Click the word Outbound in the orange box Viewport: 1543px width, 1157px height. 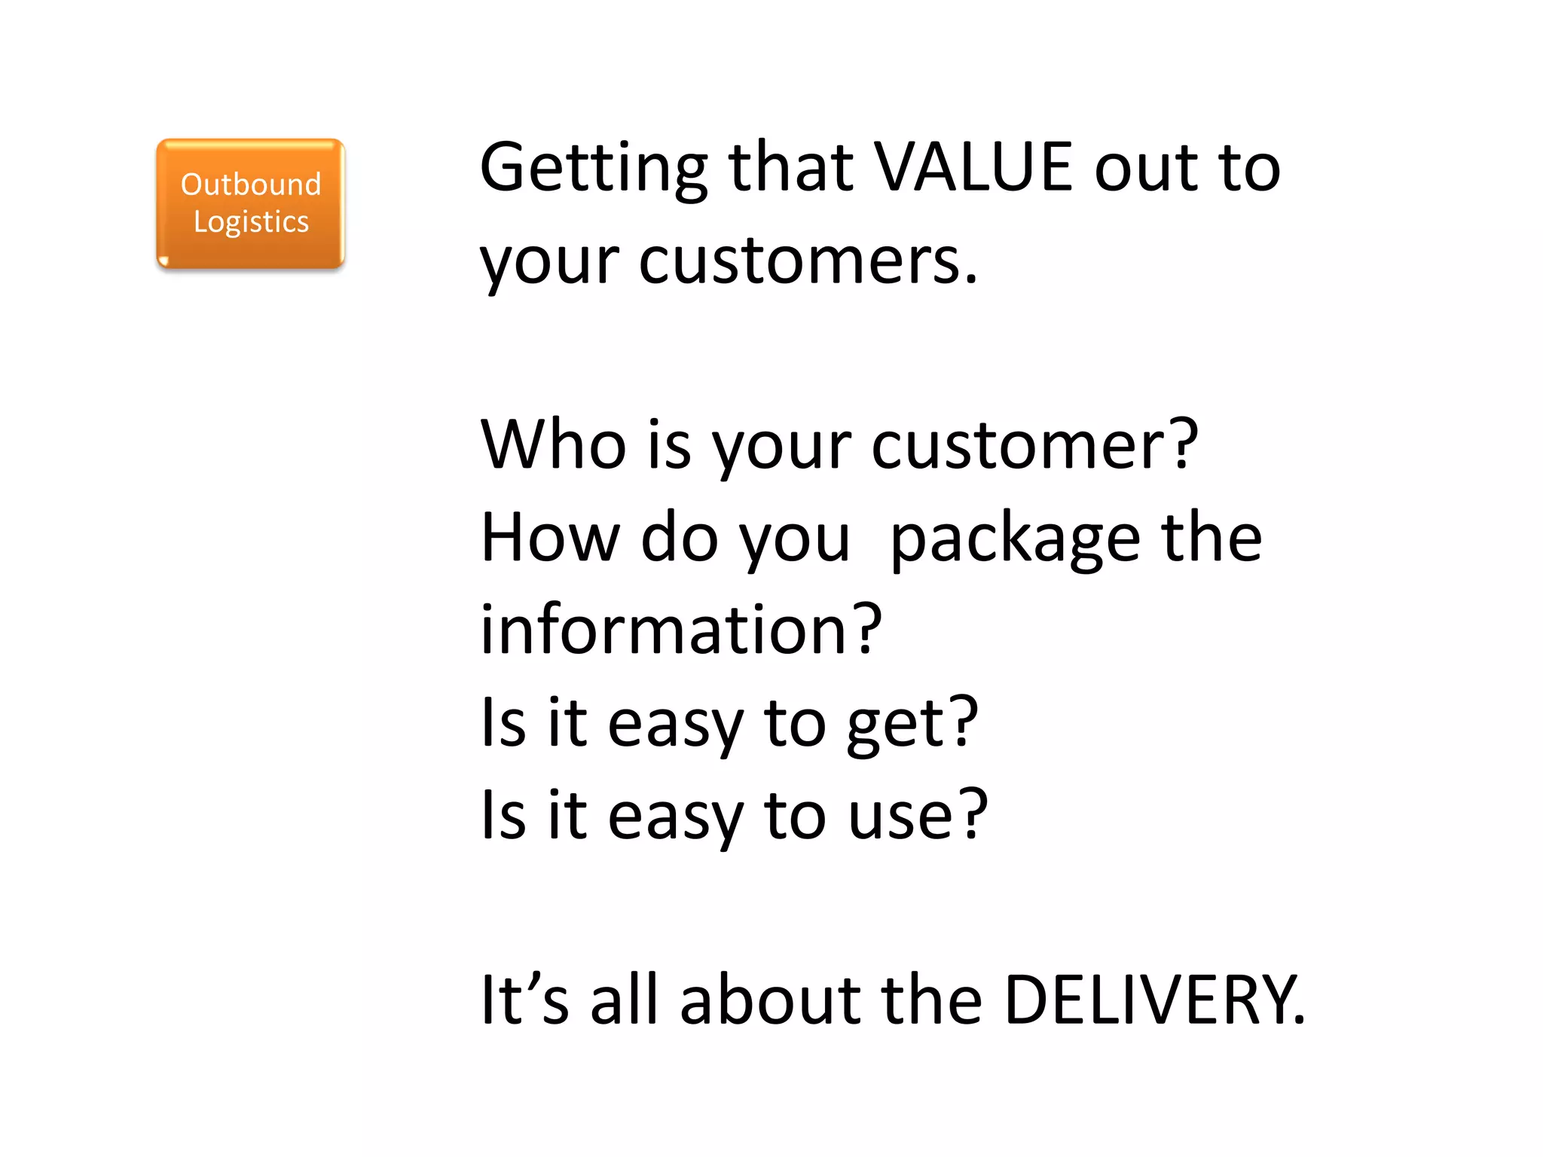[x=251, y=185]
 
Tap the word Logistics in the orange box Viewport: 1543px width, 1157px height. [x=251, y=222]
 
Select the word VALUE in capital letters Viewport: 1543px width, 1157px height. [x=973, y=167]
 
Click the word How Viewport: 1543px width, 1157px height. [x=548, y=538]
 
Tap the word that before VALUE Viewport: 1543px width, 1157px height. [x=791, y=167]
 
